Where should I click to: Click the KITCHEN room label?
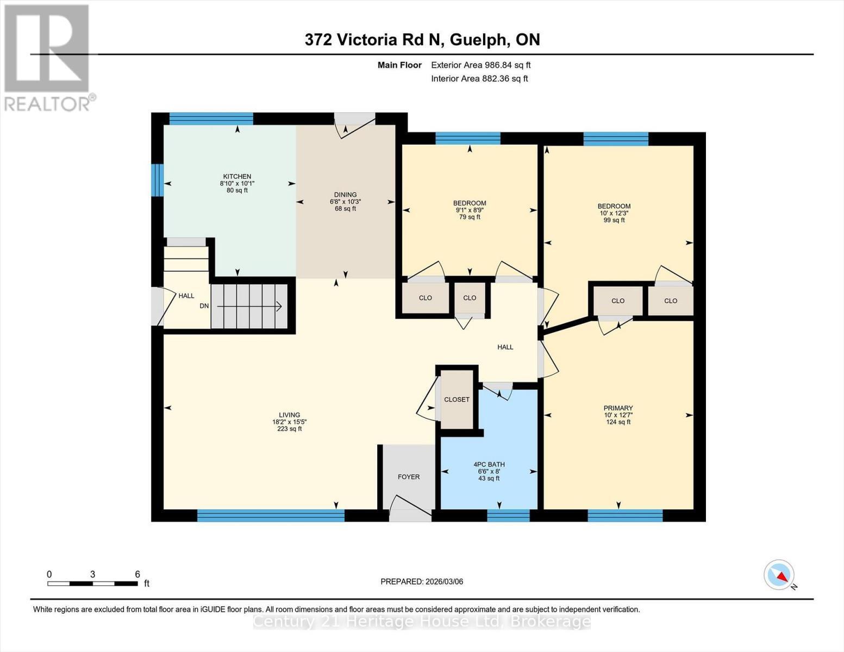237,177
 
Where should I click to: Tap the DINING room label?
345,195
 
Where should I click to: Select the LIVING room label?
289,415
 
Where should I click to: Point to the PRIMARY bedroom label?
618,408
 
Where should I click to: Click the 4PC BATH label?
489,465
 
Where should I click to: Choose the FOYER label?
408,477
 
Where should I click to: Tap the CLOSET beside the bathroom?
457,399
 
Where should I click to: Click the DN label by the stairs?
204,306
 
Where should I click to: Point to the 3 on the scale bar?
93,574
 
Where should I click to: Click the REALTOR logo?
47,58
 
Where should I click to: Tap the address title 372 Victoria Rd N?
422,40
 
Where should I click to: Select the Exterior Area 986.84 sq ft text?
480,65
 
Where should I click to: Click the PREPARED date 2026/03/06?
422,581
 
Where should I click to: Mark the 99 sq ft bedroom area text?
614,221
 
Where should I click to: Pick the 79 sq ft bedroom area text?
470,217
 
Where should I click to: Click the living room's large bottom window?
271,515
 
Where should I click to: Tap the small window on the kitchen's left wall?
157,180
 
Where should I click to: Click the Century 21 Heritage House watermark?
422,621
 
